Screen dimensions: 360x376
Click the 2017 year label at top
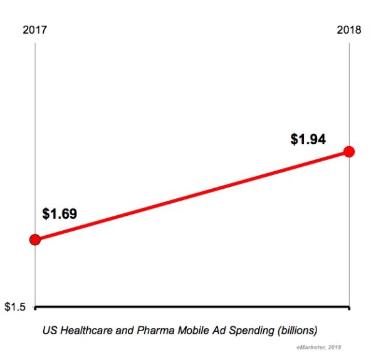35,29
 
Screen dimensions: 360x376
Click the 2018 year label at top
348,29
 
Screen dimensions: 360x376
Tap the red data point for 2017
35,239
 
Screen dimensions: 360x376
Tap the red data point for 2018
349,151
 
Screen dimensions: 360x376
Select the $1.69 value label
60,214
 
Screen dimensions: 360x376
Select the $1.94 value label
308,139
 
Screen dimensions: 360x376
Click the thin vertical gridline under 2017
35,125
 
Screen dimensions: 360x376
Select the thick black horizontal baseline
188,307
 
